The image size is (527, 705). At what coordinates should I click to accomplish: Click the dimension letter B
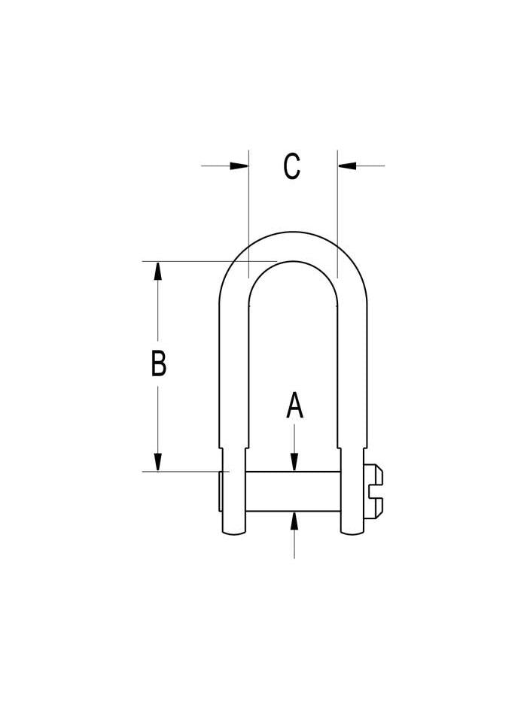[158, 363]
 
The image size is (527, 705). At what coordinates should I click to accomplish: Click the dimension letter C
[292, 166]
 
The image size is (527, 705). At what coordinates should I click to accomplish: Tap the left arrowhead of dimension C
[239, 166]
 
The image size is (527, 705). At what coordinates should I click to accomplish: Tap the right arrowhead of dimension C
[347, 166]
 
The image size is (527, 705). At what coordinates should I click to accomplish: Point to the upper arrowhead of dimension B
[157, 271]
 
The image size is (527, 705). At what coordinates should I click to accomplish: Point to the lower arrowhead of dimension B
[157, 462]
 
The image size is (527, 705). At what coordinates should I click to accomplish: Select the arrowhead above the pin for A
[294, 463]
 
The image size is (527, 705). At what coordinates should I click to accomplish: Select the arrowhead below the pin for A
[294, 521]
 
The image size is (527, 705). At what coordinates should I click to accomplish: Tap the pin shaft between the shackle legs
[294, 491]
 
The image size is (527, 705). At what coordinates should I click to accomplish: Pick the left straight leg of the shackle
[234, 376]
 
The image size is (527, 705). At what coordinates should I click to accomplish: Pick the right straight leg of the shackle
[352, 376]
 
